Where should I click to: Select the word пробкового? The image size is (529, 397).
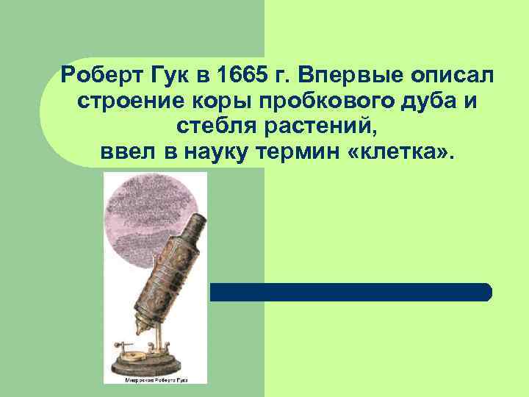[x=296, y=101]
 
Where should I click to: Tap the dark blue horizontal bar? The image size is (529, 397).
[x=350, y=292]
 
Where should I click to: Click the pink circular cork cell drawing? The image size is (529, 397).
[x=147, y=213]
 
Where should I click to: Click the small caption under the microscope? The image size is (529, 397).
[x=155, y=379]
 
